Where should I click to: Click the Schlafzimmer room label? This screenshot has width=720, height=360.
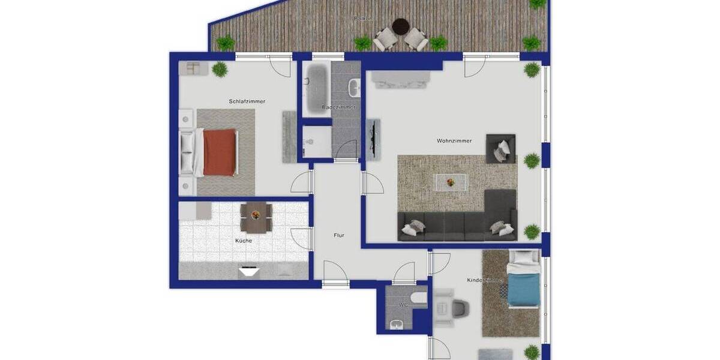coord(247,101)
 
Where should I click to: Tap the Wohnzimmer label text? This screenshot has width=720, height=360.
coord(454,141)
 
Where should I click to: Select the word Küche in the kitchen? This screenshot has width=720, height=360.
coord(244,241)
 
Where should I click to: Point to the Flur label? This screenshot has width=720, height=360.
coord(339,236)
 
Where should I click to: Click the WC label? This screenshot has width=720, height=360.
coord(403,305)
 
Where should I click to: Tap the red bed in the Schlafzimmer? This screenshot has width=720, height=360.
coord(219,152)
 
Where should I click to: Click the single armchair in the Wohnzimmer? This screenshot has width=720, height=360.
coord(501,148)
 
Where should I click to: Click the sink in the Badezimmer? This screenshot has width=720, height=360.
coord(355,88)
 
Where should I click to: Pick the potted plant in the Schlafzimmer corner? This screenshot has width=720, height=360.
coord(220,69)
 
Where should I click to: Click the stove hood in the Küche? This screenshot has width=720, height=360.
coord(249,271)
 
